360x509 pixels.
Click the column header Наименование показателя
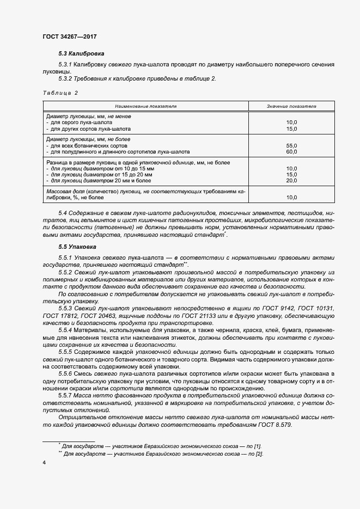[145, 106]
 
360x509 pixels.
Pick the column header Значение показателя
[291, 106]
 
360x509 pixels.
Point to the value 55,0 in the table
[291, 146]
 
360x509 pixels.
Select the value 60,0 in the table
[291, 152]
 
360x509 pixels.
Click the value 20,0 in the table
[291, 181]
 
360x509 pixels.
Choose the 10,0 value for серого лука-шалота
[291, 122]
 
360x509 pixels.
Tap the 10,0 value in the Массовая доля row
[291, 198]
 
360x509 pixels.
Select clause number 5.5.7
[66, 396]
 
